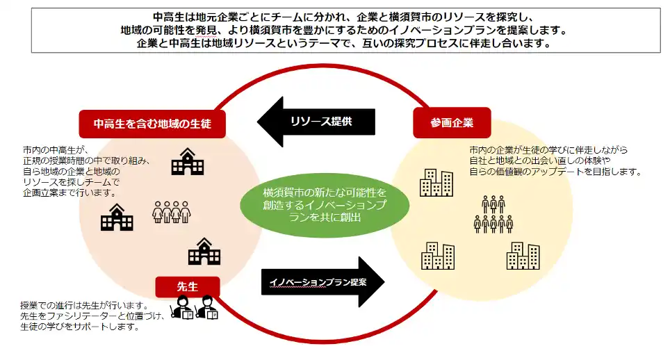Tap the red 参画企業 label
[452, 123]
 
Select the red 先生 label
[188, 286]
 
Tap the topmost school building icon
[187, 161]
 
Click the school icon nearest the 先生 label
[204, 252]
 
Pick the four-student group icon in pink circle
[171, 211]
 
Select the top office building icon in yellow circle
[436, 182]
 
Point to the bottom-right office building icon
[523, 256]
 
